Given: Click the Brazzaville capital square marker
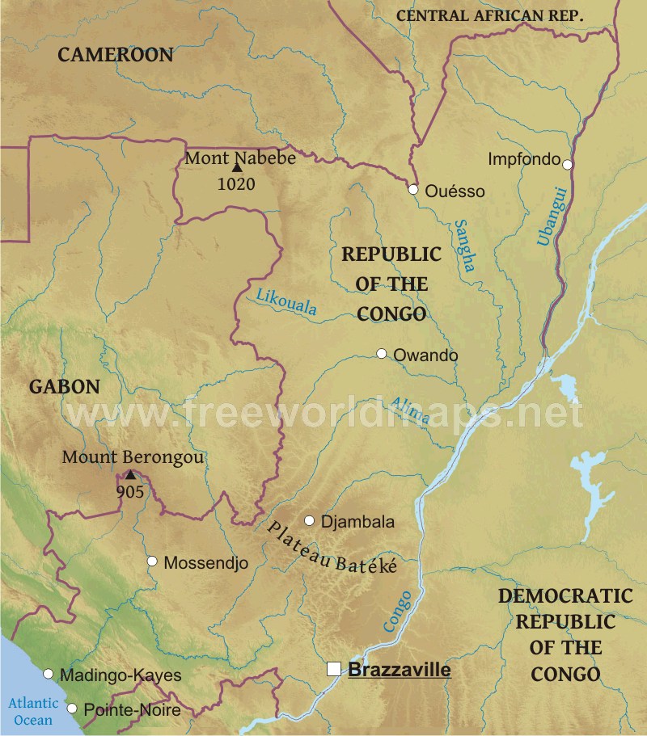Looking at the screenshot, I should (333, 669).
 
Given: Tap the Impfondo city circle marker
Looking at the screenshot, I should (568, 164).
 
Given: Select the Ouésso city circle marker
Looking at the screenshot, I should (413, 190).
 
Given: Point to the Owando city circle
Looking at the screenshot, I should (382, 354).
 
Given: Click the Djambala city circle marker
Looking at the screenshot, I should (309, 520).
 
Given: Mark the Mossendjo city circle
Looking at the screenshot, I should (152, 561).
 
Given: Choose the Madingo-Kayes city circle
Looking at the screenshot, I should (48, 674).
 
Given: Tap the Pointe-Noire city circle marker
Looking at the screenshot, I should (72, 709).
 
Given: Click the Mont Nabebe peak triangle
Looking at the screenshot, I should (237, 167).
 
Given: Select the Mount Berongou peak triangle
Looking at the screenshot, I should (129, 474).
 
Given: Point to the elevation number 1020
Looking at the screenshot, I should (236, 184).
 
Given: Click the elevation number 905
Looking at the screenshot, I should (129, 491).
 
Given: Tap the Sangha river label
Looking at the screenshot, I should (465, 246).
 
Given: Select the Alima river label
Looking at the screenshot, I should (410, 410).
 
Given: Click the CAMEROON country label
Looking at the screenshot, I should (116, 55).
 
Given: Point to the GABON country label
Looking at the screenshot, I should (65, 387).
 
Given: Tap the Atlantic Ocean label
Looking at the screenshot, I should (30, 711).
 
